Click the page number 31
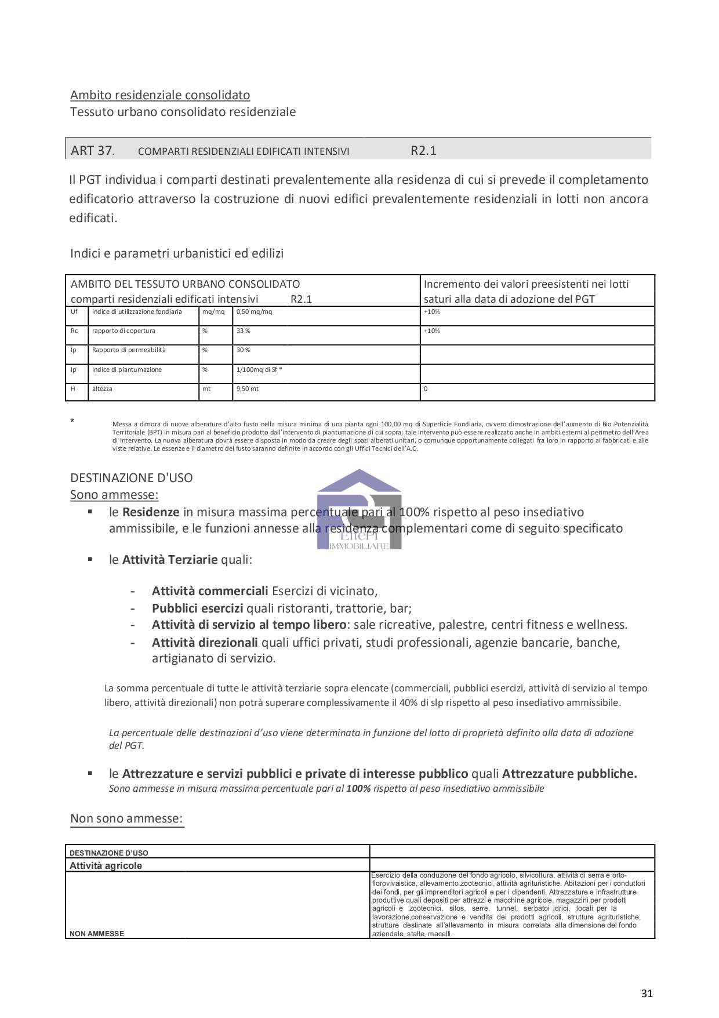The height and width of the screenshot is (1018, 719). tap(647, 993)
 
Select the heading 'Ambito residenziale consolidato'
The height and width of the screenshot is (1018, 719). tap(160, 95)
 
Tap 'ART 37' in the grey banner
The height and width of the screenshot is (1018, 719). tap(92, 151)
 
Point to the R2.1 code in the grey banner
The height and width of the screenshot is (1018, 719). tap(423, 151)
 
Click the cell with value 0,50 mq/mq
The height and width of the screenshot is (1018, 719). tap(254, 312)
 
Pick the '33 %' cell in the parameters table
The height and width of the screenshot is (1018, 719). tap(244, 331)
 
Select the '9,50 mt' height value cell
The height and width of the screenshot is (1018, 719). tap(248, 389)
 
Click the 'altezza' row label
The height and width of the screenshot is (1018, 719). tap(102, 389)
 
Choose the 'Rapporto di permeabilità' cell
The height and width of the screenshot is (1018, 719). tap(129, 350)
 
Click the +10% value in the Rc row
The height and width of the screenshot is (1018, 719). tap(432, 331)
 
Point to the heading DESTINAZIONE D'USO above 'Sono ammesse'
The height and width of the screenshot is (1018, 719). tap(132, 478)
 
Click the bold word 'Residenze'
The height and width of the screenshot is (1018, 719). tap(151, 512)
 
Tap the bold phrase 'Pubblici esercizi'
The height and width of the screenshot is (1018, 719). tap(197, 608)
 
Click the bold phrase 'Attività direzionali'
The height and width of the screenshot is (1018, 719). tap(205, 643)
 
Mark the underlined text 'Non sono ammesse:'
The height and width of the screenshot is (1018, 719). tap(126, 818)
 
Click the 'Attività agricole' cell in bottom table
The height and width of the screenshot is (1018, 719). tap(106, 865)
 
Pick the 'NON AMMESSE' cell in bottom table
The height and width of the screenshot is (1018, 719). tap(97, 934)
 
